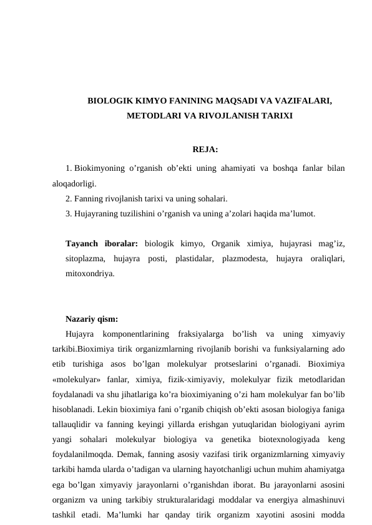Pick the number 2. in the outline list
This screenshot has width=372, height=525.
coord(68,199)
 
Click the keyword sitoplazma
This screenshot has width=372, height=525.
coord(85,258)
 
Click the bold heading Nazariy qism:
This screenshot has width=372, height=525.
coord(92,319)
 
